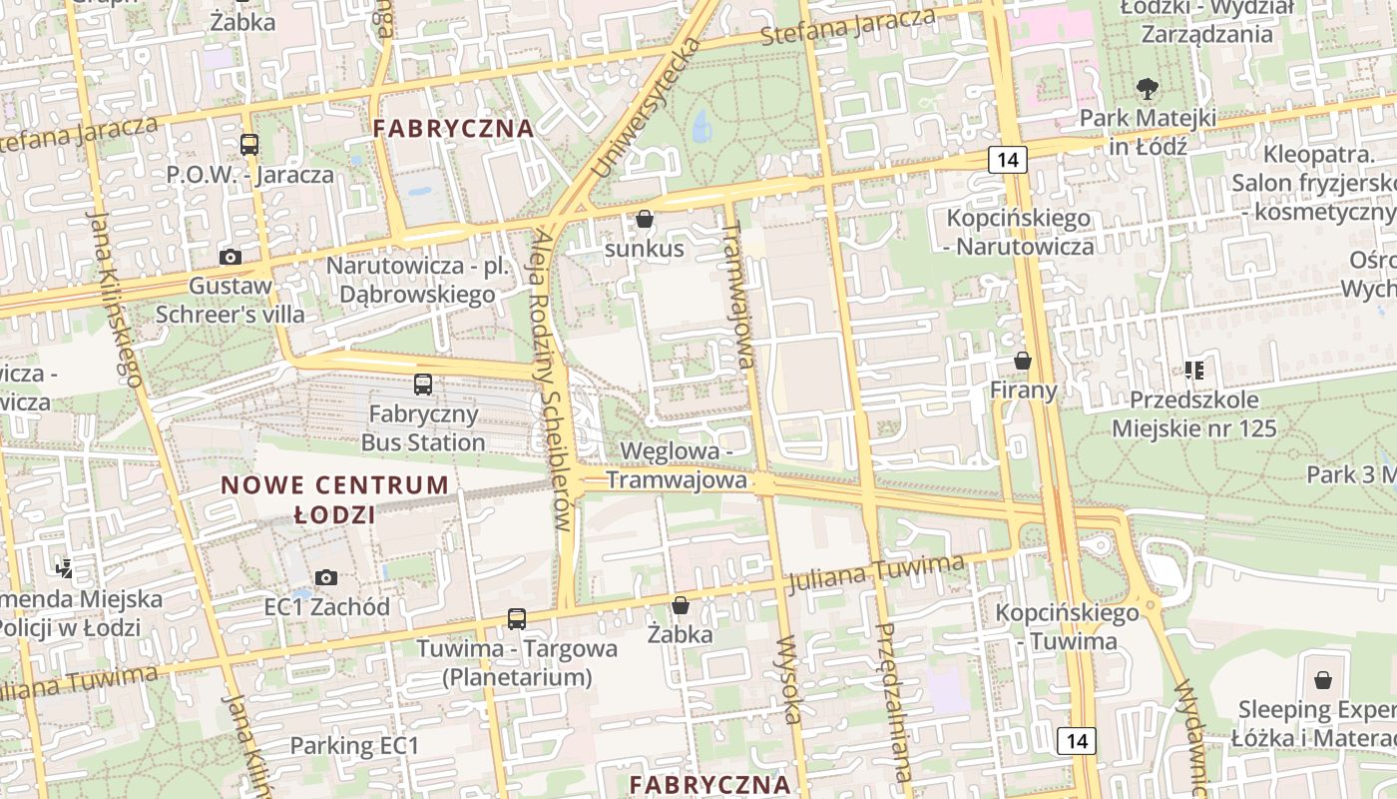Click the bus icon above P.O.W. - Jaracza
[249, 145]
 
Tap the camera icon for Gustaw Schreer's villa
[231, 257]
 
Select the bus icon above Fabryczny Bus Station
[423, 385]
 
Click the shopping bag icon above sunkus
[645, 219]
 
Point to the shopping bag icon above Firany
[1023, 361]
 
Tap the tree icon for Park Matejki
[1148, 89]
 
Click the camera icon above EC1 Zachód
[326, 577]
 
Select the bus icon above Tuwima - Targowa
[516, 619]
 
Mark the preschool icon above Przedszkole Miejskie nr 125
[1194, 371]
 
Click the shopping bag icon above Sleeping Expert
[1323, 681]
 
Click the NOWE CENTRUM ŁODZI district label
[335, 500]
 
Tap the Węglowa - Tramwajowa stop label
[677, 465]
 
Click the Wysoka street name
[788, 679]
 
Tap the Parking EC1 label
[354, 745]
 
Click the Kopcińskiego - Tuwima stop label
[1068, 627]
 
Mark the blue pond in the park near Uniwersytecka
[702, 125]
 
